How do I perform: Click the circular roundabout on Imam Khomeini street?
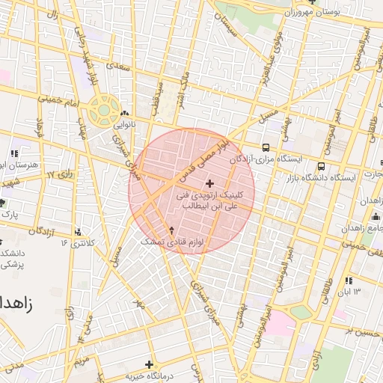coord(100,111)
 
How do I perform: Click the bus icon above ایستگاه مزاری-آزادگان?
coord(267,147)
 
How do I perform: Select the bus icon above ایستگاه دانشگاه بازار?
coord(321,166)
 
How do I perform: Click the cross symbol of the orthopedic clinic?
coord(209,183)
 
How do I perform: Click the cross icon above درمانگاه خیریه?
coord(150,364)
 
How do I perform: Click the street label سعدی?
coord(118,66)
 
